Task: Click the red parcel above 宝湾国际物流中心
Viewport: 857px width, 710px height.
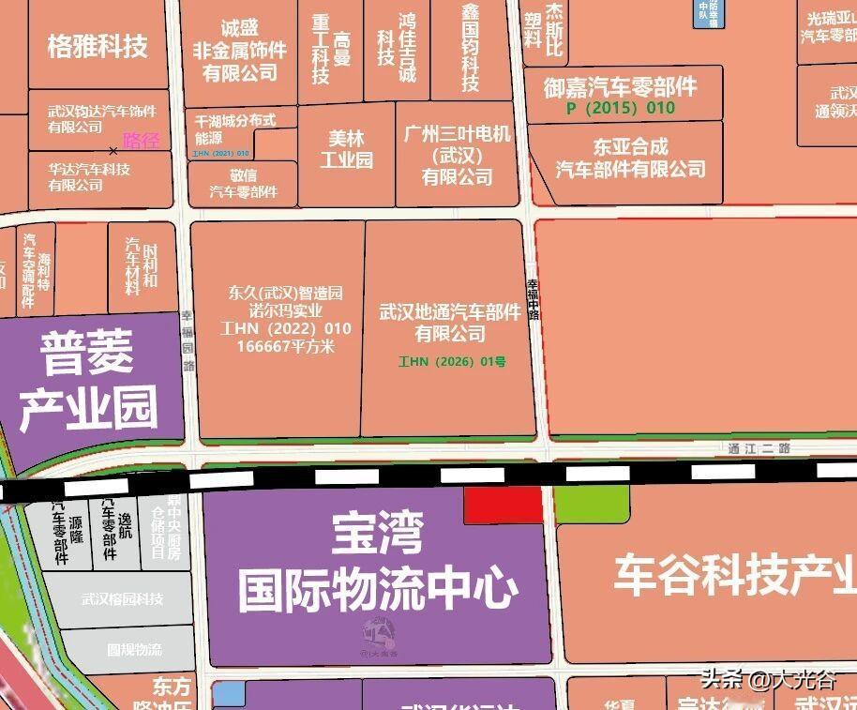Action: point(504,505)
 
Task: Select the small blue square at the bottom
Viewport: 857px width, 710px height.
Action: point(229,695)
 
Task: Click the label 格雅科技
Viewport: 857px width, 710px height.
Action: point(98,47)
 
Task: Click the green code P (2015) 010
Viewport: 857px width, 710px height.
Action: point(621,109)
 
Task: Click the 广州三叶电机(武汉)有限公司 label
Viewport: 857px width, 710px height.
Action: point(457,155)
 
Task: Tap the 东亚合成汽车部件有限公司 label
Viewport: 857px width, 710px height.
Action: point(630,158)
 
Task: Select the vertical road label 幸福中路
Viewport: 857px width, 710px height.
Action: point(534,298)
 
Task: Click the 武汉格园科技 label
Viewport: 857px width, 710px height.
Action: point(123,599)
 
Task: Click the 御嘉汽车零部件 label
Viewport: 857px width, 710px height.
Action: point(621,87)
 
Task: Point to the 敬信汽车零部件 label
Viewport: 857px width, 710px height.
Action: point(244,183)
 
